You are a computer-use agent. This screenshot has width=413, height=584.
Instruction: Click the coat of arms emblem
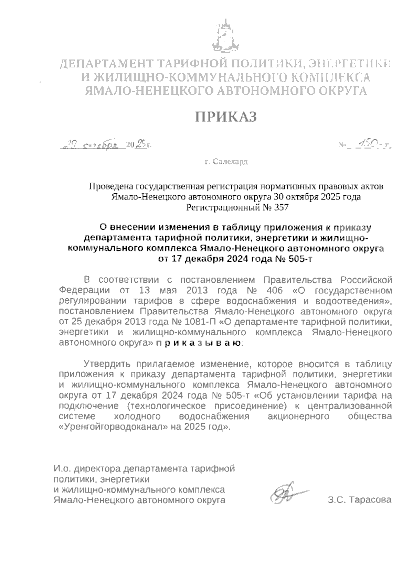(x=225, y=37)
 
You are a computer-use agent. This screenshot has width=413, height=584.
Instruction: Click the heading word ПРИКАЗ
(x=226, y=117)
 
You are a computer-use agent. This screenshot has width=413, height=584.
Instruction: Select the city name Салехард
(x=230, y=162)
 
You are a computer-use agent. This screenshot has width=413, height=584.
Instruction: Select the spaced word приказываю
(x=199, y=343)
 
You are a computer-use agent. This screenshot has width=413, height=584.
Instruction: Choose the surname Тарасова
(x=370, y=500)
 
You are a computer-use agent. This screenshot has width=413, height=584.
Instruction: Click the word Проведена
(x=112, y=187)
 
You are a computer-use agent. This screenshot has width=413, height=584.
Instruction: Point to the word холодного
(x=137, y=416)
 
